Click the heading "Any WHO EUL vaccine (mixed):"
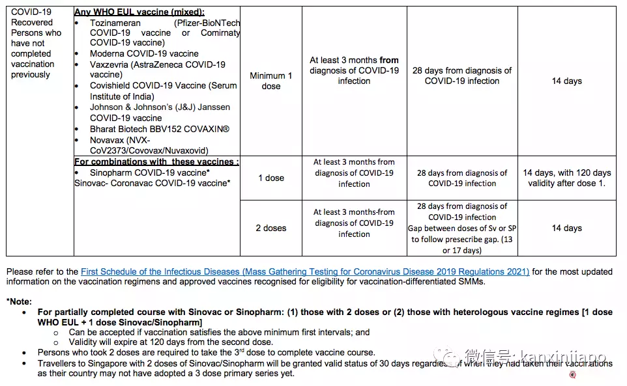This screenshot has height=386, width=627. (139, 12)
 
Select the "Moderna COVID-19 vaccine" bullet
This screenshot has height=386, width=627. (144, 53)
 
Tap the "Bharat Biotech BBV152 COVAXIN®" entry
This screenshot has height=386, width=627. (159, 129)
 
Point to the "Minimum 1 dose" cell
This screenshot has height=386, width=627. (271, 81)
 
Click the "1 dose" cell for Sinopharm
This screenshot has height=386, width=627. (271, 178)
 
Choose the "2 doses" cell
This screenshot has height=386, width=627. (271, 228)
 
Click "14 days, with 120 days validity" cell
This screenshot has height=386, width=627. (566, 178)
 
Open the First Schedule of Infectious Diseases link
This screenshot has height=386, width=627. (305, 271)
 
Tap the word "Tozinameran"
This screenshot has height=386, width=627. (116, 22)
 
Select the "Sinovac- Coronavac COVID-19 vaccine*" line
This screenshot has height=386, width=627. (152, 184)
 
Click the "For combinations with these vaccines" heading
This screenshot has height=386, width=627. (156, 161)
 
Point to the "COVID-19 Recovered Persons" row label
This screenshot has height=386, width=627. (36, 43)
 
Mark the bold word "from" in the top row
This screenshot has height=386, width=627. (389, 60)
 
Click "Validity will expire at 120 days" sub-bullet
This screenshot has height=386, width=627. (171, 342)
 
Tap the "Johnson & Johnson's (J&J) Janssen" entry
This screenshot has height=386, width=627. (160, 107)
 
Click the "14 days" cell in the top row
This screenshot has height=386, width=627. (566, 81)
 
